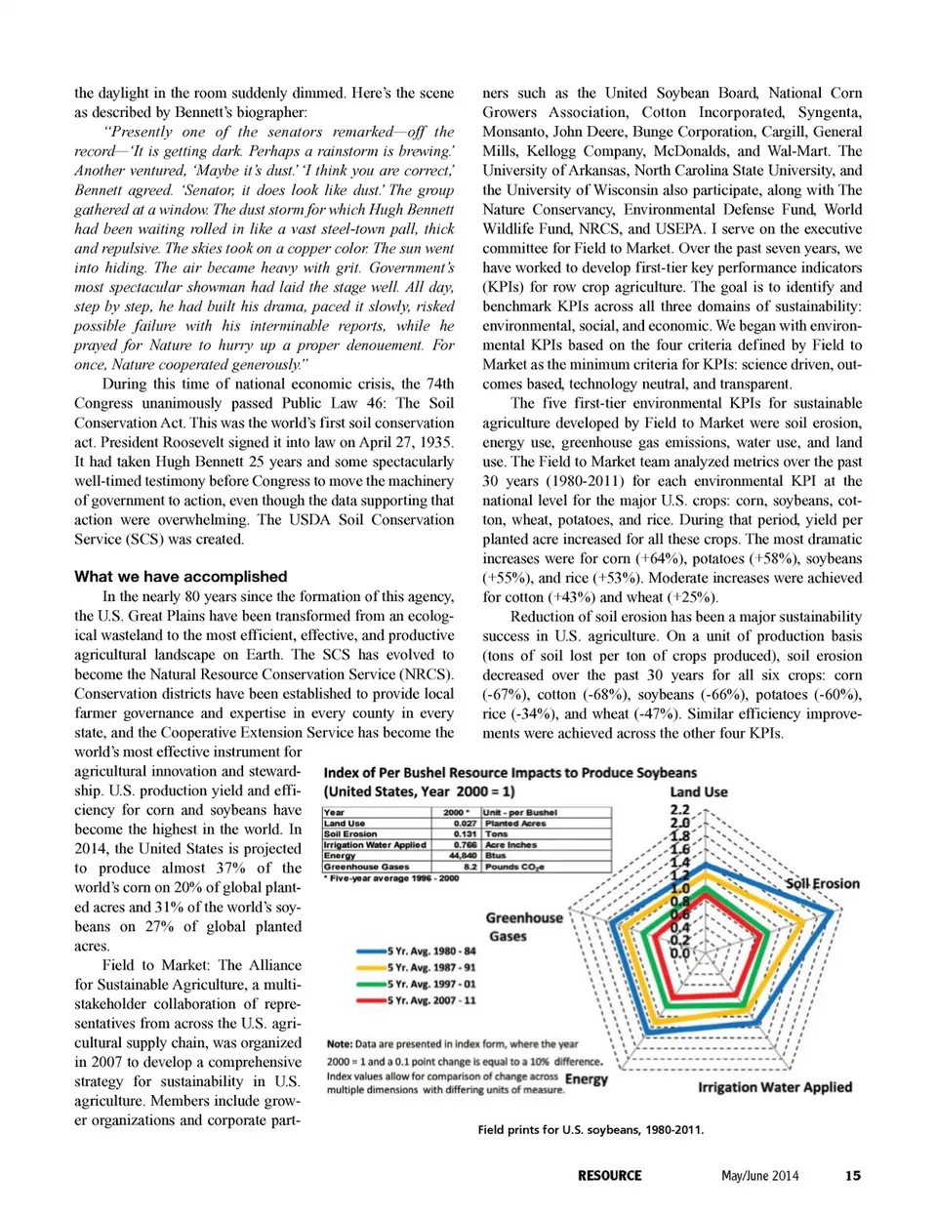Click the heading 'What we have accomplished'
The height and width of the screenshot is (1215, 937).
tap(181, 577)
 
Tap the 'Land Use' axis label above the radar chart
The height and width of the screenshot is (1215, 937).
tap(698, 792)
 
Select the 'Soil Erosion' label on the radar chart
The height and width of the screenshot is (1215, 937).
tap(823, 883)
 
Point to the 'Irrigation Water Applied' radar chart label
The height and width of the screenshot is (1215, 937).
tap(775, 1087)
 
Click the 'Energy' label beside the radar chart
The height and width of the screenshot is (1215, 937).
tap(587, 1079)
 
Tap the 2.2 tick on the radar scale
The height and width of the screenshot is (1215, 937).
tap(679, 810)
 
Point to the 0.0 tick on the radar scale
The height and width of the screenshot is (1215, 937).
tap(679, 953)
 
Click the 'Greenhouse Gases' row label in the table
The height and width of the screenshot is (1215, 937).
tap(367, 866)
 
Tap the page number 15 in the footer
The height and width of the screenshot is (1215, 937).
tap(853, 1175)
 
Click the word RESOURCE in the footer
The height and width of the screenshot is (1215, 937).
tap(609, 1175)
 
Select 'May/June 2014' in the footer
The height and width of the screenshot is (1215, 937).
tap(759, 1175)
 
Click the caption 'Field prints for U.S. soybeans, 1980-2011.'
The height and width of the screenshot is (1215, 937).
tap(591, 1130)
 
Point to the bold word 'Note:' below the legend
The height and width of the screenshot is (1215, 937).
tap(340, 1044)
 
